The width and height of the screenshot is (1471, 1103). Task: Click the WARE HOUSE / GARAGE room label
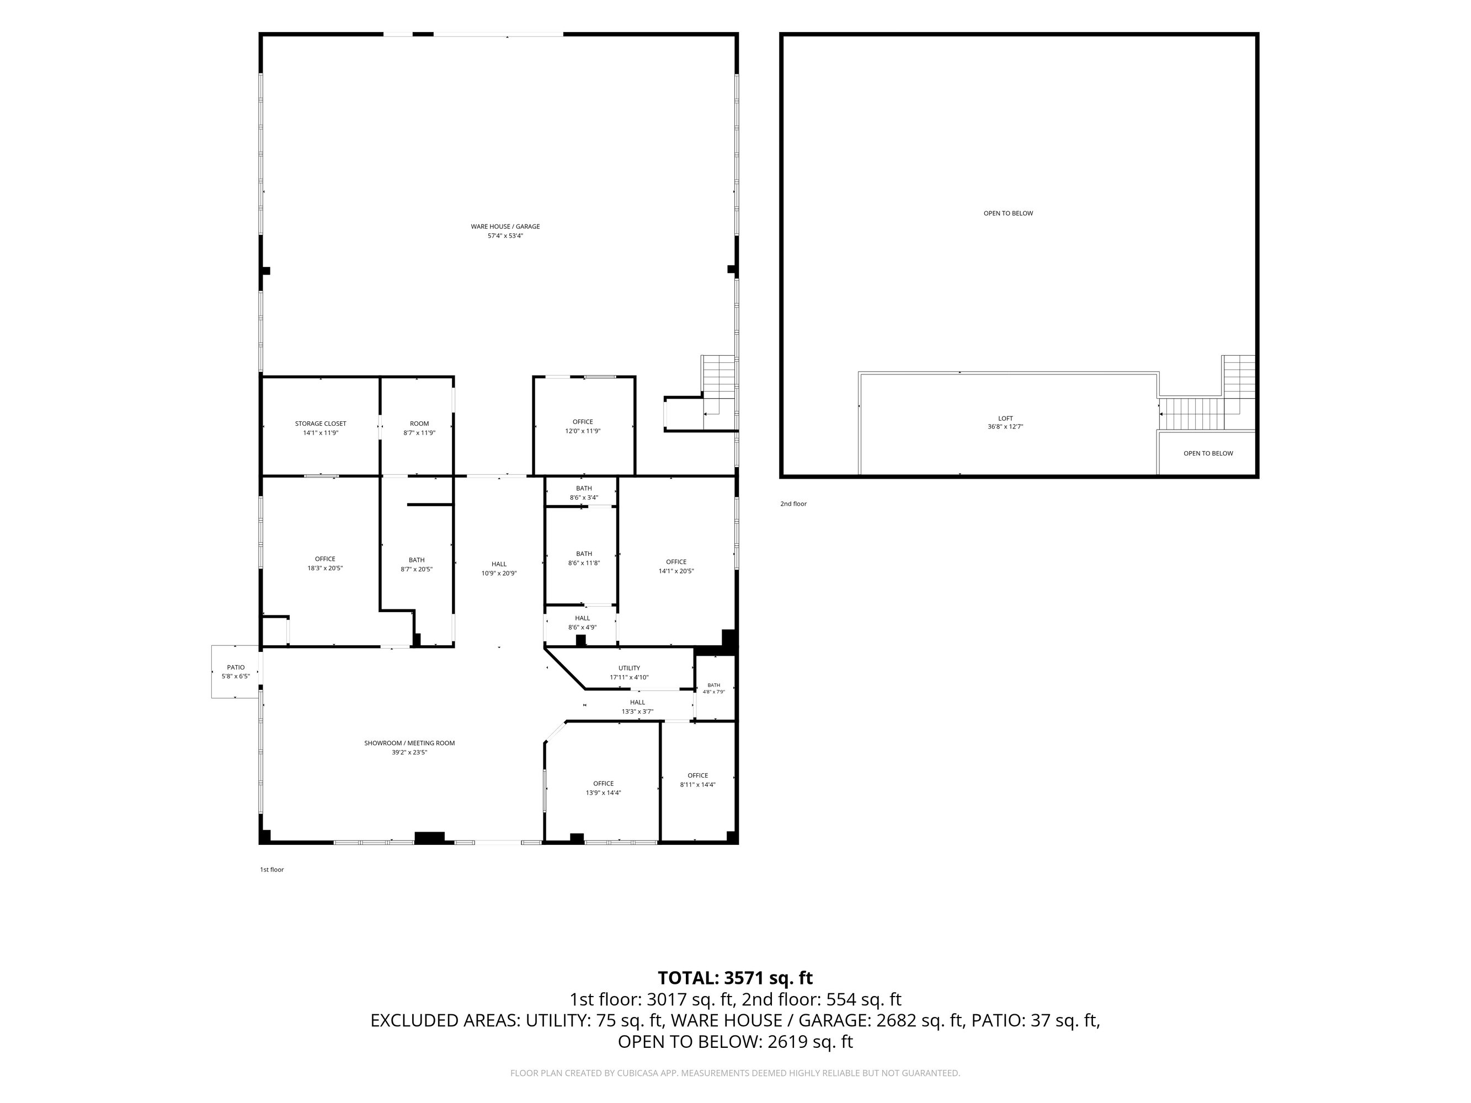point(505,227)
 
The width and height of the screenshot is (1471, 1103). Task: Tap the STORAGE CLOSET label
point(321,424)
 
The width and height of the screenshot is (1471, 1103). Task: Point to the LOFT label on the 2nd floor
point(1005,418)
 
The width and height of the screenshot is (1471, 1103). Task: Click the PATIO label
point(236,667)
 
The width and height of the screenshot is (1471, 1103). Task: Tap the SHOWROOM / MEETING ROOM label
point(409,743)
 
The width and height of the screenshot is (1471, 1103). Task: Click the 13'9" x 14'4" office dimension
point(603,793)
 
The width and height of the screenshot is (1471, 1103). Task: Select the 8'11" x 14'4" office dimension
point(697,785)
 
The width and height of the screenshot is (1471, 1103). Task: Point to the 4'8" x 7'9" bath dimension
point(713,692)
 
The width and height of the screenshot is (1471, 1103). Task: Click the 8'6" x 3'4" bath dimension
point(584,497)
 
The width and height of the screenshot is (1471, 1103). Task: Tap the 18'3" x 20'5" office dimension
point(325,569)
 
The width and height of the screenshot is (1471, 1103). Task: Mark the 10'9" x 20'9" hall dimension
point(499,573)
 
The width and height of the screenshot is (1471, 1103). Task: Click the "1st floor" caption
point(272,870)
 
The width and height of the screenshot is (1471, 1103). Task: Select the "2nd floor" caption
point(793,504)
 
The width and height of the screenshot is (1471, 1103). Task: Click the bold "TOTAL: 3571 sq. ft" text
point(735,978)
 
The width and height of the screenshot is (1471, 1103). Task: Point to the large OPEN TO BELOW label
point(1008,213)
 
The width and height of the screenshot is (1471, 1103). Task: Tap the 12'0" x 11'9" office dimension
point(583,431)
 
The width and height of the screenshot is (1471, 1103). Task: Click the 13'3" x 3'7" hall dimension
point(637,711)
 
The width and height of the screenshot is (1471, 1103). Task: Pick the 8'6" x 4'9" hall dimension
point(583,627)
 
